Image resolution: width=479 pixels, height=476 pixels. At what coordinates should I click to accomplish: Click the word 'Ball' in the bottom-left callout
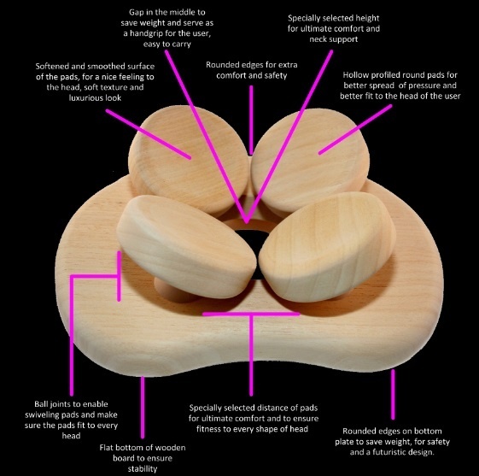tap(40, 404)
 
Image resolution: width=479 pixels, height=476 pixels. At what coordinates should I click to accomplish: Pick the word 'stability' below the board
tap(143, 469)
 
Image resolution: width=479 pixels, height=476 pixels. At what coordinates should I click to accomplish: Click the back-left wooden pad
tap(188, 159)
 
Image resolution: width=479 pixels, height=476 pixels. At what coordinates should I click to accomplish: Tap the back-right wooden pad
tap(310, 160)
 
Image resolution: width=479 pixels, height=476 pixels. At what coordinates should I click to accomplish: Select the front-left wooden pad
tap(186, 246)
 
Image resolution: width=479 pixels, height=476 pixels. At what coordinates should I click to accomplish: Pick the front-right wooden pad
tap(328, 247)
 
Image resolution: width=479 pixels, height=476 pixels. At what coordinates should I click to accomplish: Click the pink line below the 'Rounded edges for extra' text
tap(251, 120)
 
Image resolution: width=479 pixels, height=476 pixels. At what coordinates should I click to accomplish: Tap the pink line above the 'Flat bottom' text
tap(143, 407)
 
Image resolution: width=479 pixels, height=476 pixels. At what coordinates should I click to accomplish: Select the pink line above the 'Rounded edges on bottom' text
tap(393, 394)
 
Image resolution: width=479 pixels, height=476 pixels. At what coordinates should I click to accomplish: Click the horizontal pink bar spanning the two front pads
tap(251, 314)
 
